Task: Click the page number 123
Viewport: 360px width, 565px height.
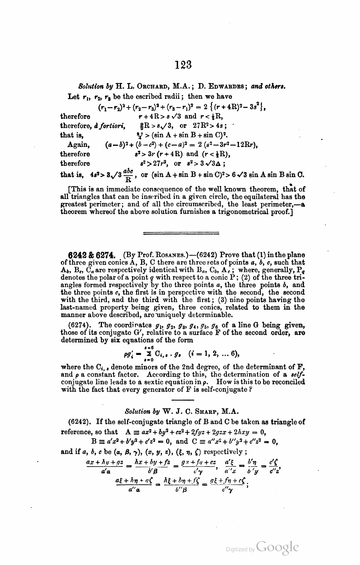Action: [183, 64]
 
